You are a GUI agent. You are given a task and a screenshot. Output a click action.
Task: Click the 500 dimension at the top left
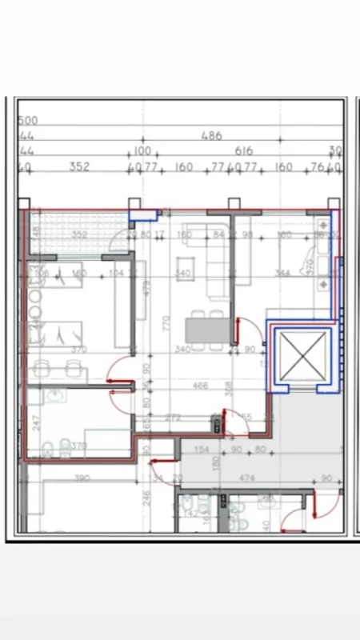point(28,121)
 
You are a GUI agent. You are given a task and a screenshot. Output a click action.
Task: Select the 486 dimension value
point(211,137)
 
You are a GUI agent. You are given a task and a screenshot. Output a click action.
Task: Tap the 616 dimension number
point(244,151)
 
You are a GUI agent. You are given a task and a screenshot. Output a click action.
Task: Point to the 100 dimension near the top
point(142,151)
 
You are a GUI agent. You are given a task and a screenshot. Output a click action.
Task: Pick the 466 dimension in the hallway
point(201,386)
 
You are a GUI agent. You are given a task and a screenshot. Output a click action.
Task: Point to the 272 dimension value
point(171,418)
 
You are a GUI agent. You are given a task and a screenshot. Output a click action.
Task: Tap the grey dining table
point(206,330)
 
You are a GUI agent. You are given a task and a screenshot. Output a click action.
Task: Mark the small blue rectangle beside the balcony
point(143,213)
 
